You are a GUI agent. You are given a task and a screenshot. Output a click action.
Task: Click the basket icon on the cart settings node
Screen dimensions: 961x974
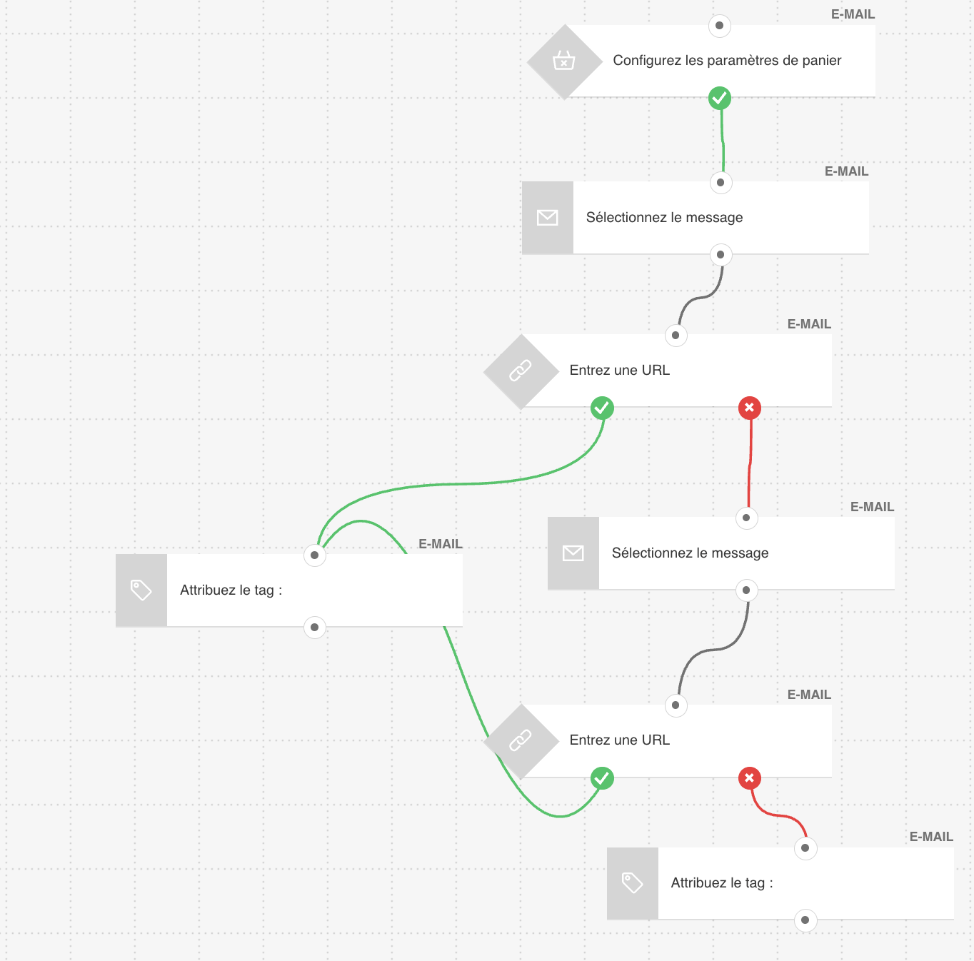(x=563, y=61)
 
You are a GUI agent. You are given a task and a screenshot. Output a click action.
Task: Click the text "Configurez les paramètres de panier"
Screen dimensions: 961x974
(x=727, y=61)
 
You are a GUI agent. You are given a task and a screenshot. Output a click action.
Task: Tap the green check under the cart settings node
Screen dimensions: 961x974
(x=720, y=98)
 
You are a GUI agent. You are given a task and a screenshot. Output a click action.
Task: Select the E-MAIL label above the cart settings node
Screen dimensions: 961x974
(x=853, y=14)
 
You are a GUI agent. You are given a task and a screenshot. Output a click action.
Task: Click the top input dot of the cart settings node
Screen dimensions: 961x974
(x=719, y=26)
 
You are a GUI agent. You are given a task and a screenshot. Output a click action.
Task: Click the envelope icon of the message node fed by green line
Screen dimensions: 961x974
(x=548, y=218)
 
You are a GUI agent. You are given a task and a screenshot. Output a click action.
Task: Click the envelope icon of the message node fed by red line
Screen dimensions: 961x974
(x=573, y=553)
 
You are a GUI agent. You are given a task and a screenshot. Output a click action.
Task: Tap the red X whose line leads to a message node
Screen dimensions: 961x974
(x=749, y=408)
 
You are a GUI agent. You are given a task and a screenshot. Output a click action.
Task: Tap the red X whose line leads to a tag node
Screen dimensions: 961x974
(x=749, y=778)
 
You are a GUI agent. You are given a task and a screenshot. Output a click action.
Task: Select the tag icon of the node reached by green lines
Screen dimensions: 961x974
(x=141, y=590)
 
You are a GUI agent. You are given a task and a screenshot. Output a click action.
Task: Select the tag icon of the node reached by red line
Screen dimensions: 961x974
(x=633, y=883)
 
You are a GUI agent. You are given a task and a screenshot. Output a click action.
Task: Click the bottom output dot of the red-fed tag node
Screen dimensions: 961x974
(x=805, y=920)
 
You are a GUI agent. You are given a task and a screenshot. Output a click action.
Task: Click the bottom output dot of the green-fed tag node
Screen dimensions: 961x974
(x=314, y=628)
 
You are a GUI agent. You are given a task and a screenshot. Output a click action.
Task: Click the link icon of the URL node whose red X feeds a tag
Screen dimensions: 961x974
(x=521, y=741)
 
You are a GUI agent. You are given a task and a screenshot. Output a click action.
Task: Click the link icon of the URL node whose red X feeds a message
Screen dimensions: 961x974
(x=521, y=371)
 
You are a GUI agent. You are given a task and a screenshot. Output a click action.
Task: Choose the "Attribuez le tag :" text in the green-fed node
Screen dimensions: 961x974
(x=231, y=590)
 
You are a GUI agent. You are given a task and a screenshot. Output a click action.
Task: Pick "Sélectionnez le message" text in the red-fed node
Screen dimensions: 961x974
(x=690, y=553)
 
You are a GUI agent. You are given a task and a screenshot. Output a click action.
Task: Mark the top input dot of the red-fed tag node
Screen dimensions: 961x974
(x=805, y=848)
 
